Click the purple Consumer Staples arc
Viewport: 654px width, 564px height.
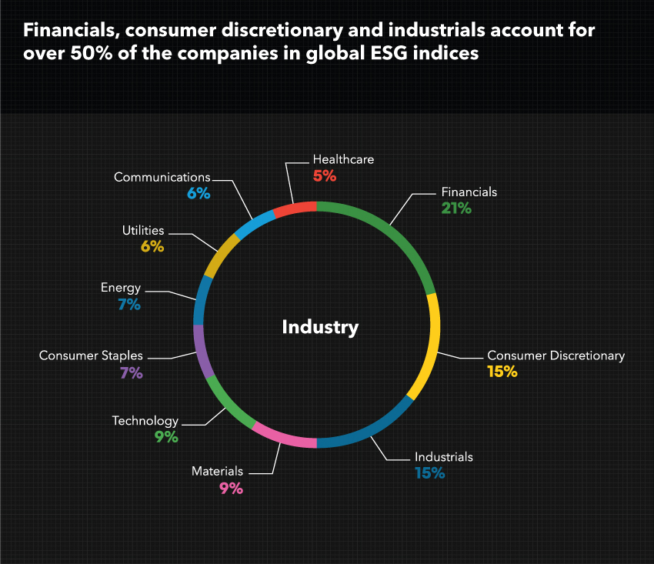point(202,350)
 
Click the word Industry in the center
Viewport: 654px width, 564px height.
point(320,327)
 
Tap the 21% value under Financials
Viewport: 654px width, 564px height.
point(456,208)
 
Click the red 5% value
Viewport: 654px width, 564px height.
point(325,175)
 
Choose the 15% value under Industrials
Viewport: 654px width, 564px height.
point(430,473)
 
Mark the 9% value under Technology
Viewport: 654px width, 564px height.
point(166,436)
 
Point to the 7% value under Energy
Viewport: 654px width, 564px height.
point(129,304)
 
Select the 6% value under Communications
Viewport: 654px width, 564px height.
point(199,193)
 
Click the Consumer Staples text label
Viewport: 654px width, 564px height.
point(91,355)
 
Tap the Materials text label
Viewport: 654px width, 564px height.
point(217,471)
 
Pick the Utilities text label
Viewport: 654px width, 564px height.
point(143,230)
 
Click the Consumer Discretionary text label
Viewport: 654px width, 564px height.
point(556,355)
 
